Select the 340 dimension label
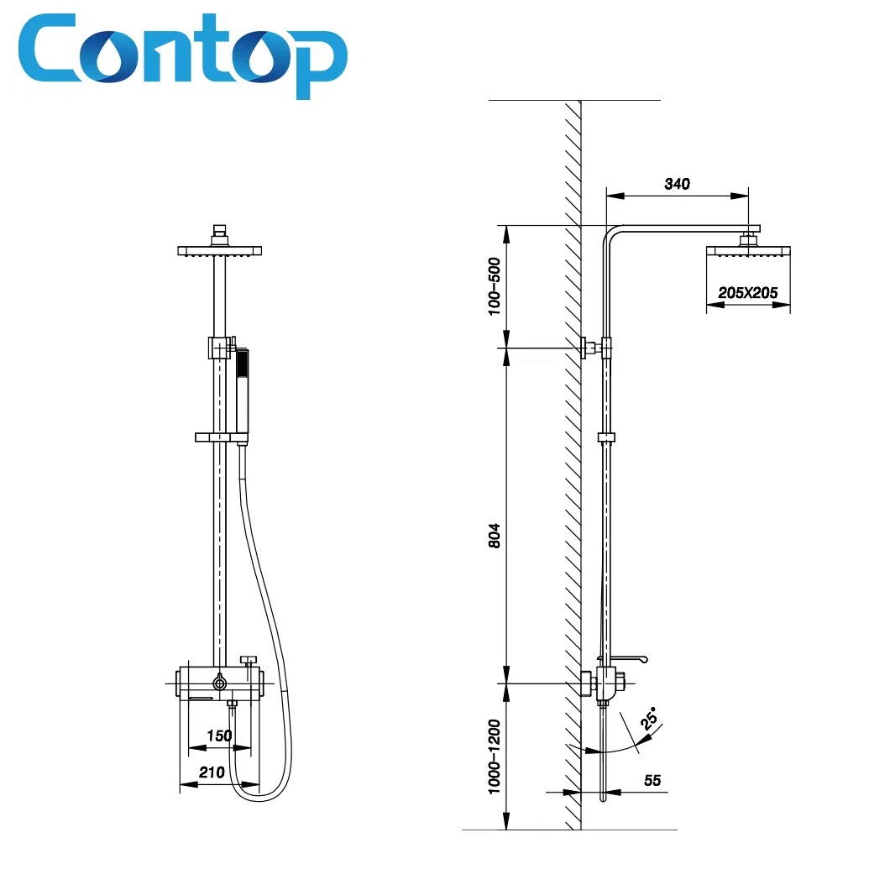pos(676,184)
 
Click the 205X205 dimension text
pos(747,293)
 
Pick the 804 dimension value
pos(495,535)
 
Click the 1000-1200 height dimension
pos(495,756)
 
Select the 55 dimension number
pos(652,781)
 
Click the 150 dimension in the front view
pos(218,736)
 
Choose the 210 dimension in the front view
pos(212,772)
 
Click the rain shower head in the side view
pos(748,251)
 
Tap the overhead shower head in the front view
pos(219,250)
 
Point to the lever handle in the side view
pos(626,660)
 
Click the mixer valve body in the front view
pos(220,683)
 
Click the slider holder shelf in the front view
pos(222,437)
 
